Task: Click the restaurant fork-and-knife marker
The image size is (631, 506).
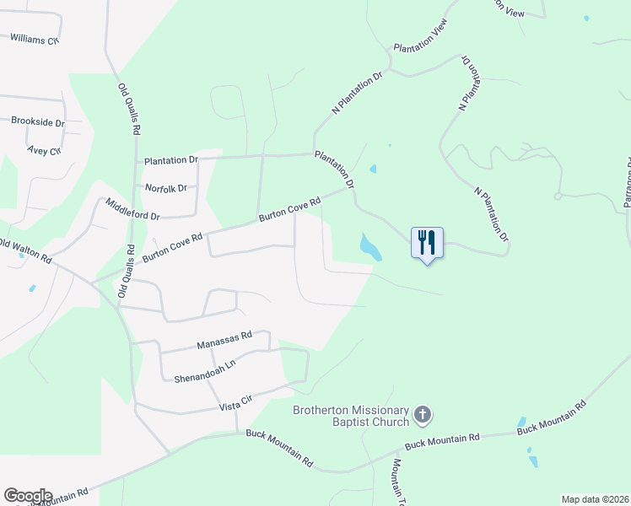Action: pos(427,243)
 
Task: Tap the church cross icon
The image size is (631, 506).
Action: pos(423,415)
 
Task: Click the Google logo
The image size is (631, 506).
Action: pos(28,496)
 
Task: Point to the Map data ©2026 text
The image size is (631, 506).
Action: pos(594,499)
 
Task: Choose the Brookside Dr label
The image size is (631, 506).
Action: pos(38,121)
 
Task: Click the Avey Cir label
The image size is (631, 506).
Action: pos(45,150)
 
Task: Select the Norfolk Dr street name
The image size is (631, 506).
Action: pos(165,188)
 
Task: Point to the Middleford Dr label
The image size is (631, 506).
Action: pos(132,210)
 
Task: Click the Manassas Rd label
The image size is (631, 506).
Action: pos(224,340)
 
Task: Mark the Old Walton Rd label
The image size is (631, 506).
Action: pos(25,252)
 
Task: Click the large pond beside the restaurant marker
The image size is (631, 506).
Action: pos(369,246)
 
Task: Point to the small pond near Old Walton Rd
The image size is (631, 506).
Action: pos(32,288)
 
